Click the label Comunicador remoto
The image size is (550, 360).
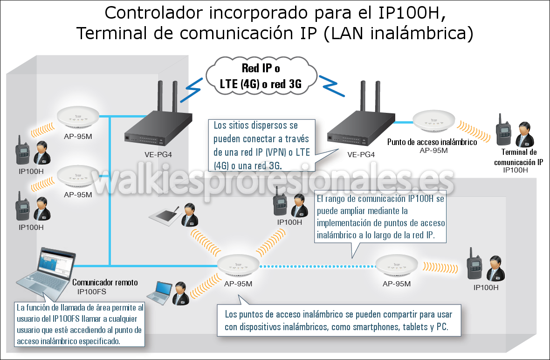[105, 283]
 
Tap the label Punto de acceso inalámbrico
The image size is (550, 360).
[432, 142]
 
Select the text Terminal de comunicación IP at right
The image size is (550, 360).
[518, 158]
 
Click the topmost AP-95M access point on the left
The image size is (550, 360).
[78, 119]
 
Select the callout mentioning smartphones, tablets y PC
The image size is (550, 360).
[339, 320]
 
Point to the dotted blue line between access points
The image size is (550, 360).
[317, 267]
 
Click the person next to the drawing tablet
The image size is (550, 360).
[187, 215]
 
